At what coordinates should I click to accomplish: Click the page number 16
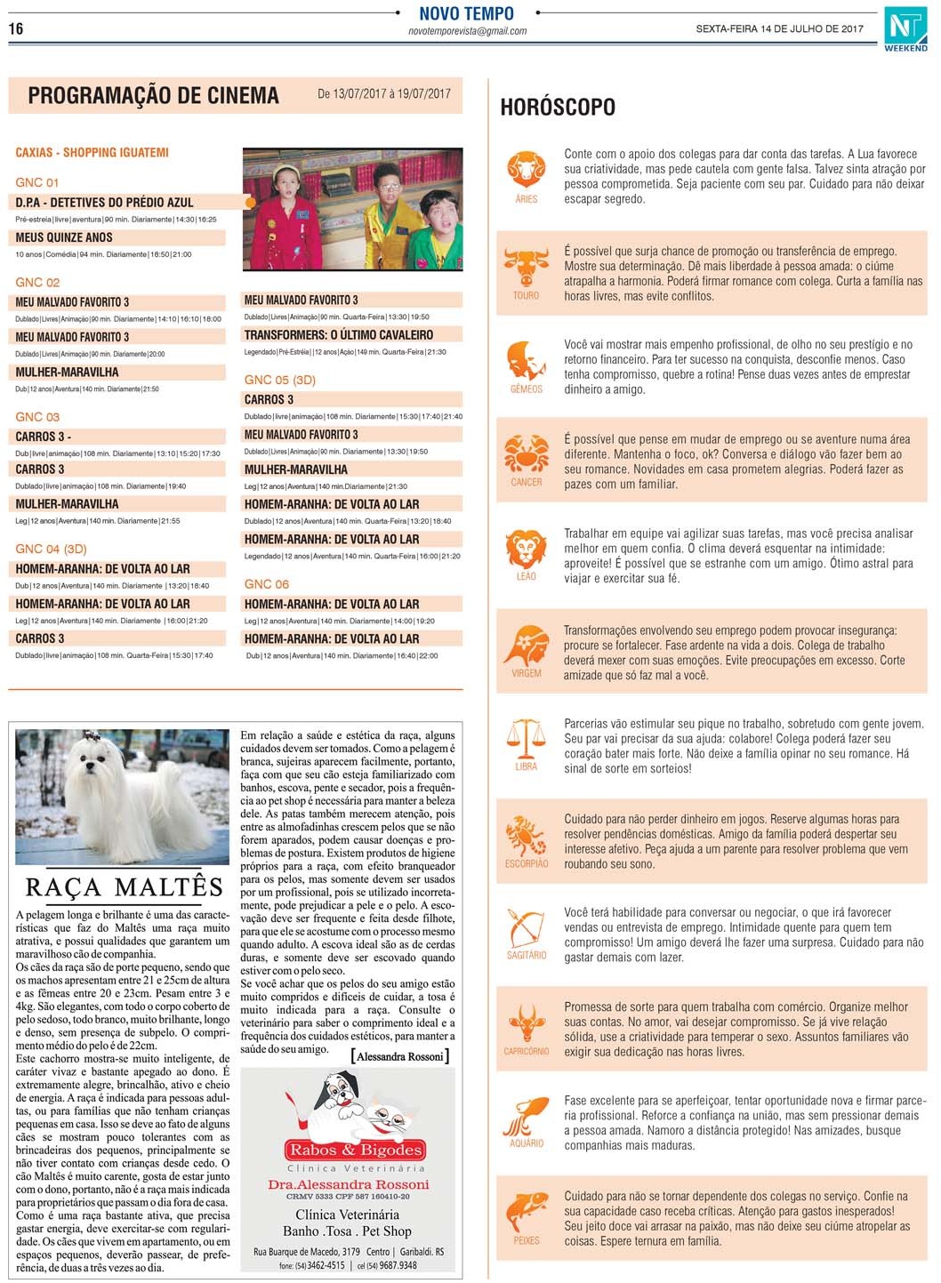pos(16,28)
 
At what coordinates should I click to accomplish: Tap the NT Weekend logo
pos(905,28)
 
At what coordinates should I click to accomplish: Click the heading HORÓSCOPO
pos(558,108)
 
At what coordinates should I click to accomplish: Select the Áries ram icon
pos(527,168)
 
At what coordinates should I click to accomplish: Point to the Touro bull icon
pos(526,267)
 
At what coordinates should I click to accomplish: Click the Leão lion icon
pos(526,548)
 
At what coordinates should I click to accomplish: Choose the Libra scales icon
pos(526,737)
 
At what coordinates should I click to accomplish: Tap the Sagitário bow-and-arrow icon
pos(526,927)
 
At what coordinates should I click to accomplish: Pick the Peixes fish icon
pos(526,1212)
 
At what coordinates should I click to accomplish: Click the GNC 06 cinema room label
pos(266,584)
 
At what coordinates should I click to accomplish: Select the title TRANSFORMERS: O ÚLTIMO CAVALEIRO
pos(339,335)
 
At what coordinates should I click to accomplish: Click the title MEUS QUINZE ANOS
pos(64,237)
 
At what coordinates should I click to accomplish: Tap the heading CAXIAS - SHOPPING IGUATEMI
pos(92,153)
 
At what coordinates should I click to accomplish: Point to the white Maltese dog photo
pos(123,796)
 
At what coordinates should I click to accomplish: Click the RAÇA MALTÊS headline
pos(124,887)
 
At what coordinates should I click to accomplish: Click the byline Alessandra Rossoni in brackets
pos(400,1056)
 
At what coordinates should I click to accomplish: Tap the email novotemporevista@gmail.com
pos(467,31)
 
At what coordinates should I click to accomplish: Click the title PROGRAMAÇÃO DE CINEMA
pos(153,96)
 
